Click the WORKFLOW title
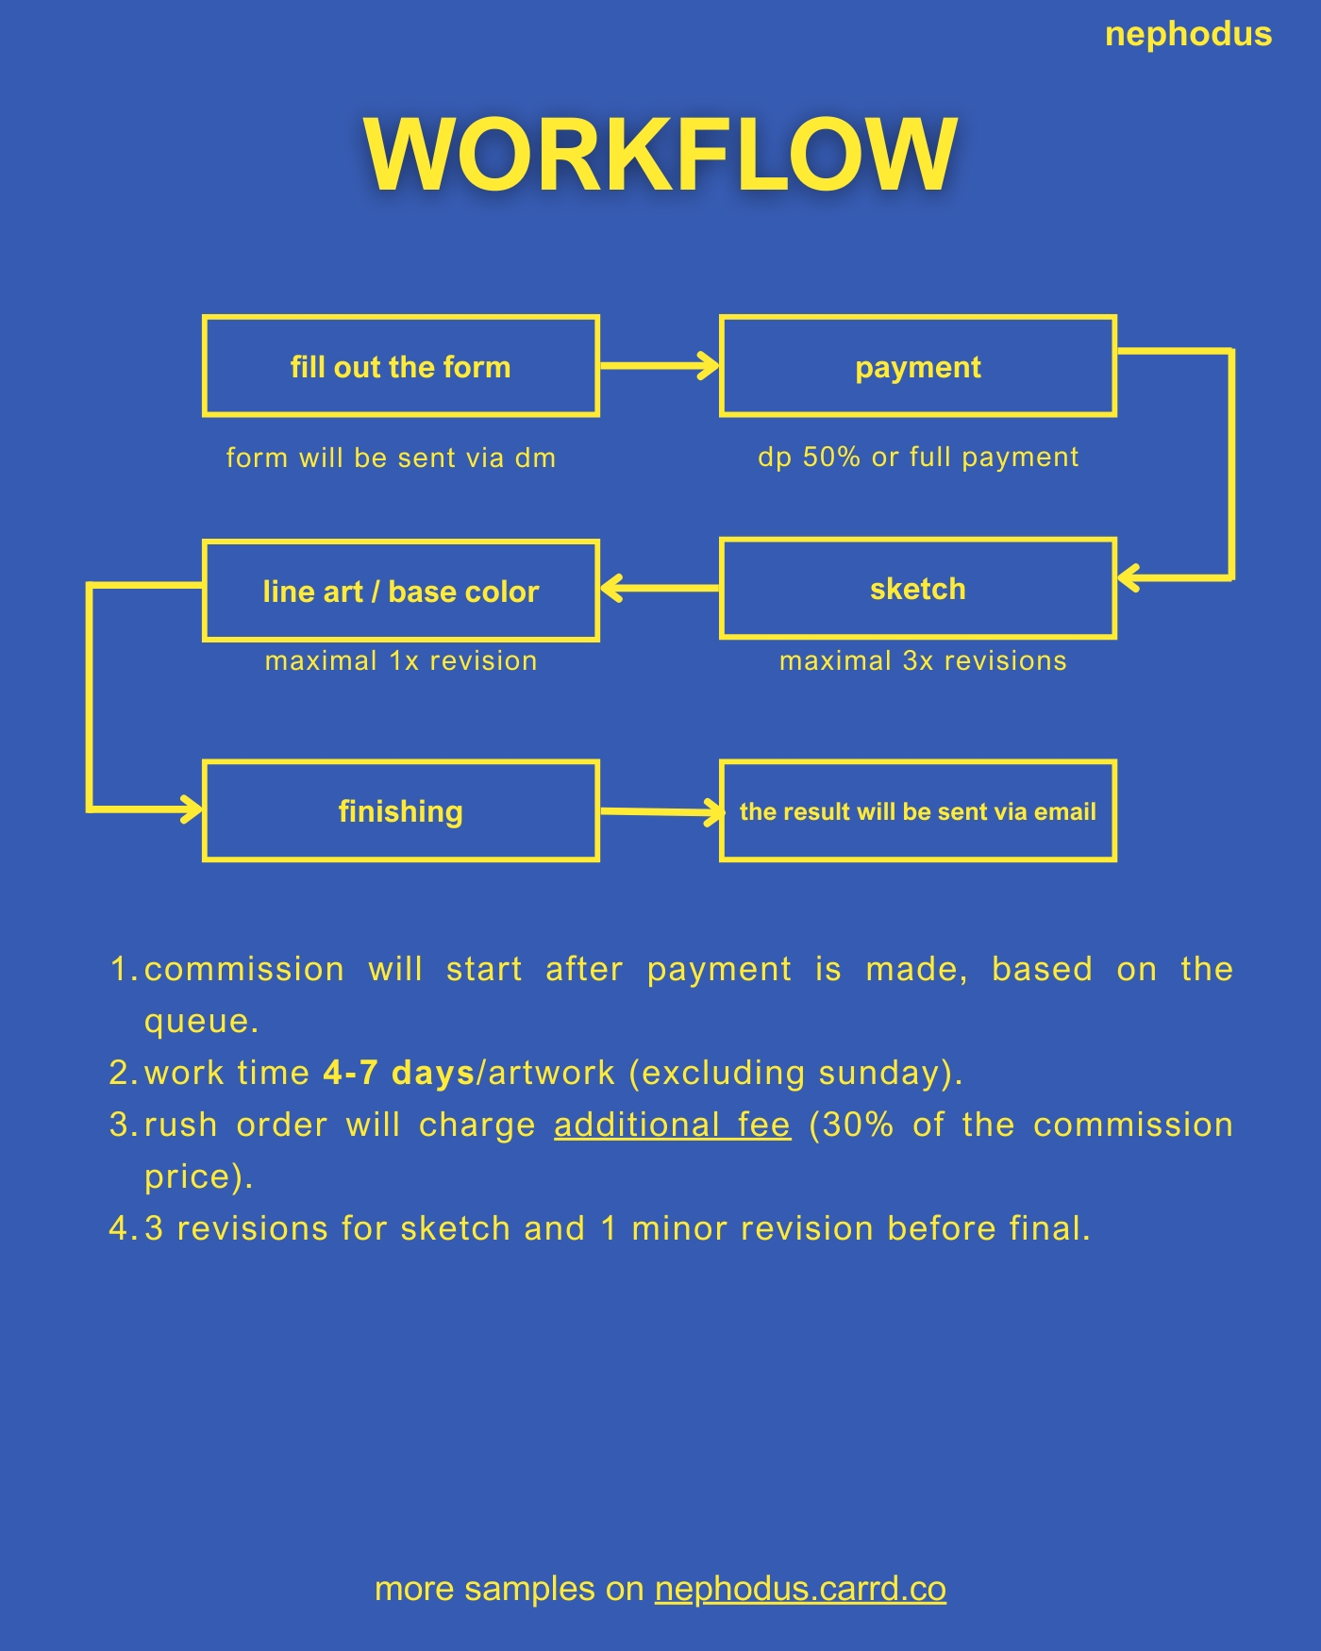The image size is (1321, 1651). (660, 155)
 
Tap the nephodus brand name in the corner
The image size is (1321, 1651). (1188, 35)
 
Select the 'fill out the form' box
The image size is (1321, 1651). (401, 366)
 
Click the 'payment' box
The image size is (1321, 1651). (917, 366)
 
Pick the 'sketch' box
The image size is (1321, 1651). (917, 589)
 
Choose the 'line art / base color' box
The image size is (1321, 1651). (401, 591)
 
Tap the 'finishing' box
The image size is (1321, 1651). (401, 811)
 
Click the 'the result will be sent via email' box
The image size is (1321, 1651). (917, 811)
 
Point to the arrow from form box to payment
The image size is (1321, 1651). (660, 365)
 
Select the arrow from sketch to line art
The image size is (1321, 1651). (660, 588)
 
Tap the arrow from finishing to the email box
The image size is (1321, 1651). (660, 811)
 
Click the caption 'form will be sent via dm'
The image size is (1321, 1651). (391, 458)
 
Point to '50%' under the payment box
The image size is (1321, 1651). (831, 457)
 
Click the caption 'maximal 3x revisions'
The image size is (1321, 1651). (923, 660)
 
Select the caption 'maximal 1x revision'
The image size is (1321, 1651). (401, 660)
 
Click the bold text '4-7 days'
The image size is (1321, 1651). (398, 1073)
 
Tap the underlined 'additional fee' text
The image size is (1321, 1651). (672, 1125)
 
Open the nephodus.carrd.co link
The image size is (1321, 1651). (800, 1589)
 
